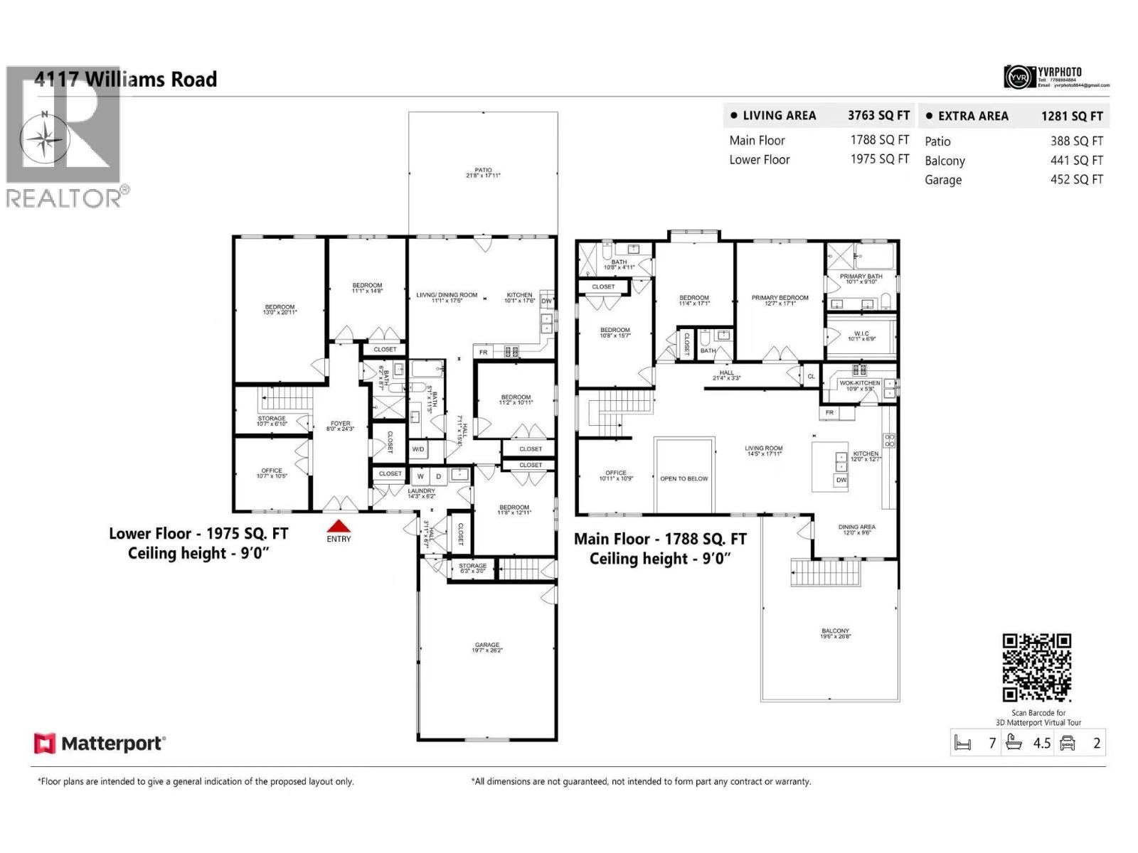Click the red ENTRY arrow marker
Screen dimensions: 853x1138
point(339,527)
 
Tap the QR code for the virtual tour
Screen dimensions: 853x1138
point(1036,667)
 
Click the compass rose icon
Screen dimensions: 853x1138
point(45,139)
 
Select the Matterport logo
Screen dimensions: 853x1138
point(100,744)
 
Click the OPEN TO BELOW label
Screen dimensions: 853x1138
point(684,478)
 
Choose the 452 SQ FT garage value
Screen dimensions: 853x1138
point(1076,180)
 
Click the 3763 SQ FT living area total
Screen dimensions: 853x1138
point(878,115)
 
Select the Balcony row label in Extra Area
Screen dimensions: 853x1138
point(945,161)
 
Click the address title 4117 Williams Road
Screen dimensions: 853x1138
point(126,80)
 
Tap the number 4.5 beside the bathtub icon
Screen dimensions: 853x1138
point(1041,744)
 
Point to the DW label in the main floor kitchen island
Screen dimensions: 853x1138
point(841,480)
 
